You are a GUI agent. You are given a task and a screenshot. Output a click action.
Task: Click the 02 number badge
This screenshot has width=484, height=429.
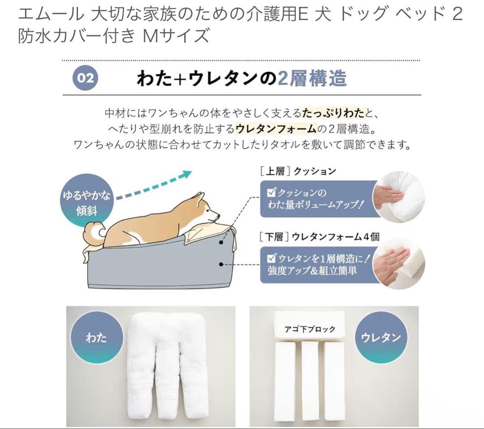click(86, 78)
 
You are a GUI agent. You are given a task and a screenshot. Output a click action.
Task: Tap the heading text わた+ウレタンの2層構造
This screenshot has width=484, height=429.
click(242, 78)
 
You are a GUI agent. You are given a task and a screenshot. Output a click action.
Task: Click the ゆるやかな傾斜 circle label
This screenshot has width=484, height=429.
click(86, 203)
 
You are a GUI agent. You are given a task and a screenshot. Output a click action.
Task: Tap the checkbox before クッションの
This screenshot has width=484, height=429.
click(271, 193)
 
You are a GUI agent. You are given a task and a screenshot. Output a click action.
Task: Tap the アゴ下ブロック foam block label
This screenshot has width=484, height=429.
click(310, 329)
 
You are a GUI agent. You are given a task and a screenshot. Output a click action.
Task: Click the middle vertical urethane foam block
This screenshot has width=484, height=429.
click(310, 381)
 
